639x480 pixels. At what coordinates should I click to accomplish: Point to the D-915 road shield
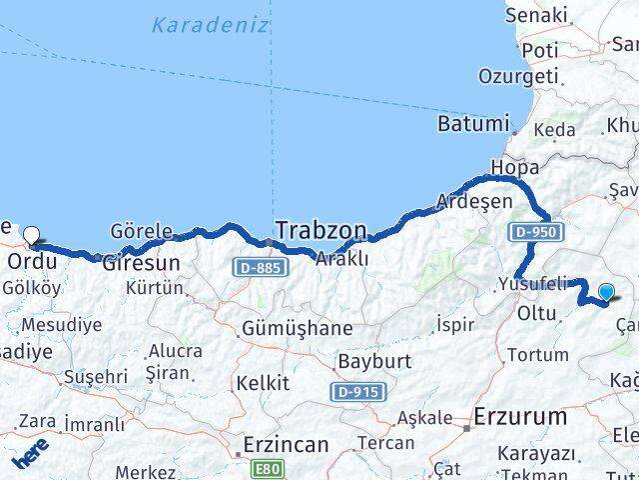click(355, 392)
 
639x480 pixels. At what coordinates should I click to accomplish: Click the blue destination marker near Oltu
click(606, 292)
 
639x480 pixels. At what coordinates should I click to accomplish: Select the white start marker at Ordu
click(32, 237)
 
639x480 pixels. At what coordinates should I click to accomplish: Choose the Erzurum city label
click(521, 388)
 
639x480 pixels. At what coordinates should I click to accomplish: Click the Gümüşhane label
click(297, 328)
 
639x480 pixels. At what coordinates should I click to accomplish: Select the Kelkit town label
click(262, 383)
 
